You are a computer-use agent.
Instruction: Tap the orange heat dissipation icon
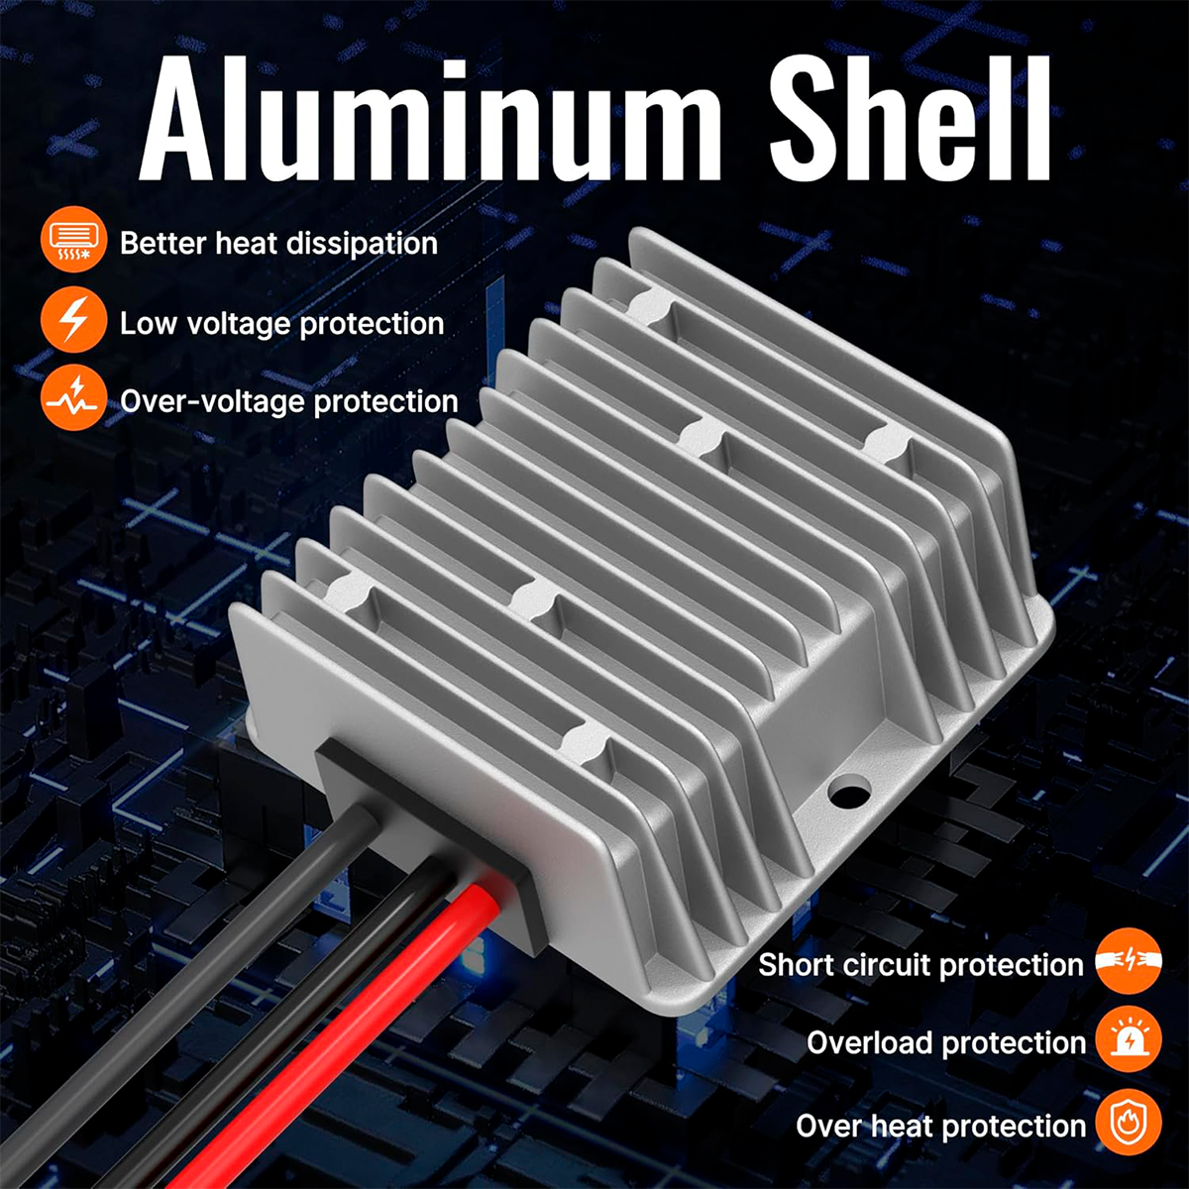pos(74,240)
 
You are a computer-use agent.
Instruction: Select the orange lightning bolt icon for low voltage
pos(74,319)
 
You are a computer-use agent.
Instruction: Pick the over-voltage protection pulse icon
pos(74,397)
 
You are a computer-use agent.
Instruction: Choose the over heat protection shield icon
pos(1129,1123)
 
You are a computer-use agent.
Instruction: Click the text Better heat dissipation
pos(278,243)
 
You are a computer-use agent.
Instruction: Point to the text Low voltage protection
pos(282,324)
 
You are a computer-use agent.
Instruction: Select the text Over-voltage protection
pos(289,402)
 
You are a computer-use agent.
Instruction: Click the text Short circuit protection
pos(921,965)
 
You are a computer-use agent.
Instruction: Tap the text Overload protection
pos(946,1043)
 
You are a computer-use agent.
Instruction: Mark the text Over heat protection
pos(941,1126)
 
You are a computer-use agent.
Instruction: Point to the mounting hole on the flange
pos(849,792)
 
